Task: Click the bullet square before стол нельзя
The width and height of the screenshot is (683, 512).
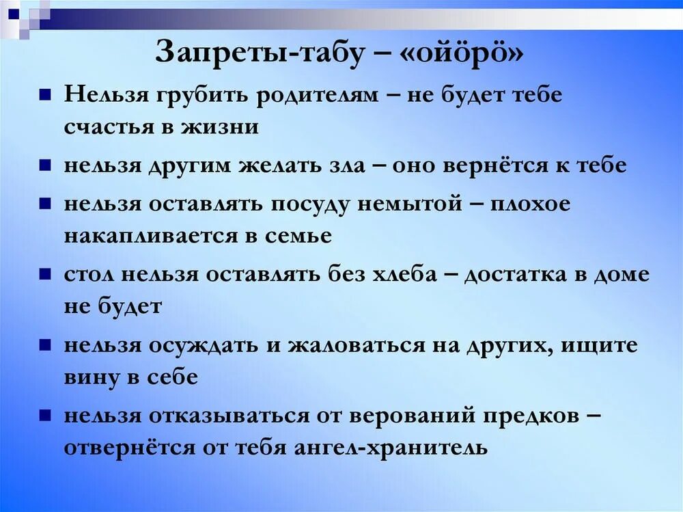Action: pos(44,273)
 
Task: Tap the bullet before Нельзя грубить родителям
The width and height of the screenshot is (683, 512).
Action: pos(44,94)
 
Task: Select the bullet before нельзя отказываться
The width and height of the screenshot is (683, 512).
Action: pos(44,415)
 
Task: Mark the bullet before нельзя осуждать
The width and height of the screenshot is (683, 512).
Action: pos(44,345)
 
